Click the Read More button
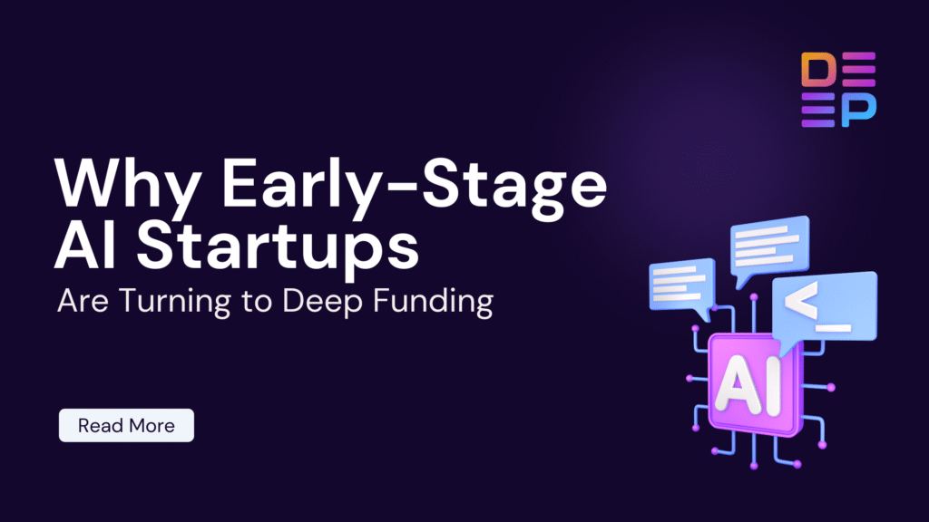(x=126, y=425)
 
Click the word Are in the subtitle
(x=79, y=301)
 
